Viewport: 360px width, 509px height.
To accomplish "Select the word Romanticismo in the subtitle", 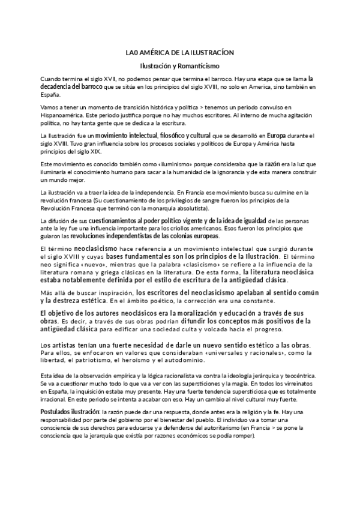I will pos(199,65).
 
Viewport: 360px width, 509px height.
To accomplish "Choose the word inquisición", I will pos(99,391).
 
